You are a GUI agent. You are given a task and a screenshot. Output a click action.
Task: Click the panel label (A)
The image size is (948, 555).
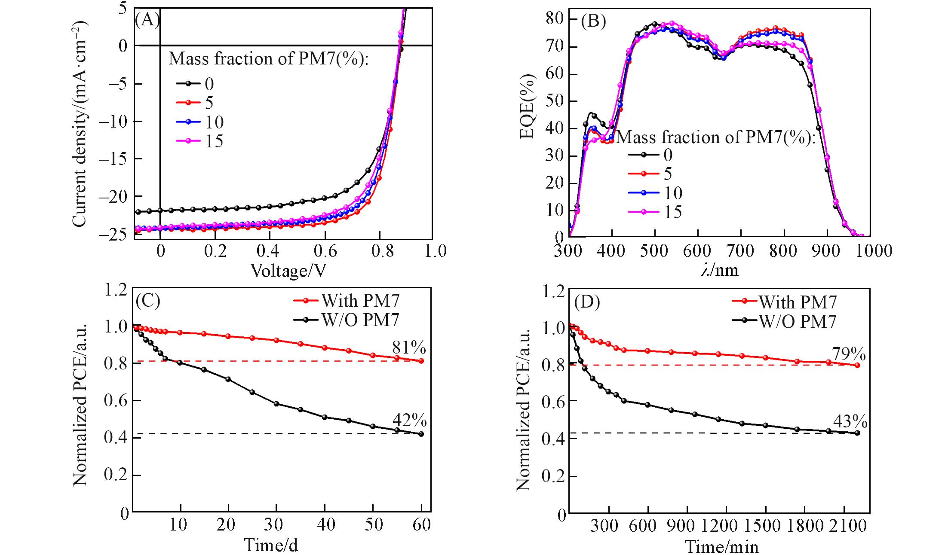click(147, 20)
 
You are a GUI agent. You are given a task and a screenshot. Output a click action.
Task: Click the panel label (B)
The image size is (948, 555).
click(593, 21)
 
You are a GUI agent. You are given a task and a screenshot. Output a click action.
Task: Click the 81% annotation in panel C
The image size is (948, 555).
click(409, 347)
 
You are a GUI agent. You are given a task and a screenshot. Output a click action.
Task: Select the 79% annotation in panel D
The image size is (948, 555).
click(849, 354)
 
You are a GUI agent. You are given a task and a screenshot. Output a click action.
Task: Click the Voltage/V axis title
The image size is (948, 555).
click(288, 271)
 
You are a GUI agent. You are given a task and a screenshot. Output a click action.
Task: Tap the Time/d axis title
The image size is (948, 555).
click(271, 545)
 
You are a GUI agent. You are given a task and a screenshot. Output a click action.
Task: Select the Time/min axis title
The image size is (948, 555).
click(721, 546)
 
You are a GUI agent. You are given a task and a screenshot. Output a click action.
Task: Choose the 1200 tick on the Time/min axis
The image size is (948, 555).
click(724, 526)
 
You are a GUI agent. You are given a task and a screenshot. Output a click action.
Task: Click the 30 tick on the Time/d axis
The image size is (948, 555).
click(273, 525)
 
